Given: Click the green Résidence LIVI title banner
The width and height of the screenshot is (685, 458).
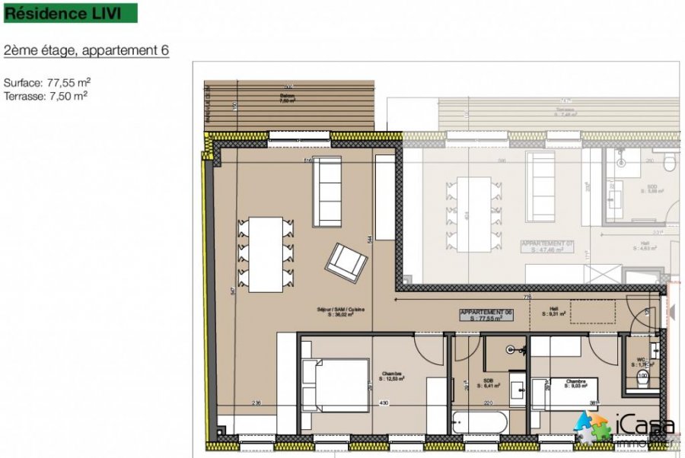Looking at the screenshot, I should tap(71, 13).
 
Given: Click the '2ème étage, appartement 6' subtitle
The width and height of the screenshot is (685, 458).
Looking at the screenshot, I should tap(86, 50).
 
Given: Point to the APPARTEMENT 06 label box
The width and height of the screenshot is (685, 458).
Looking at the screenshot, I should tap(488, 316).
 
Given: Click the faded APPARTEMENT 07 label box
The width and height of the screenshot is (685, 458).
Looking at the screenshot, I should tap(546, 246).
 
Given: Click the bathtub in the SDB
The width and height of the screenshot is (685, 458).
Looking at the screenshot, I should tap(476, 423).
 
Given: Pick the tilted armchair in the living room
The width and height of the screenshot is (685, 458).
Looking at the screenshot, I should tap(346, 262).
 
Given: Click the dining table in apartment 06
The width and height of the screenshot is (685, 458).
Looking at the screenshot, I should tap(266, 254).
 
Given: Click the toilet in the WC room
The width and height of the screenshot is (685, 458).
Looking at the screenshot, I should tap(644, 380).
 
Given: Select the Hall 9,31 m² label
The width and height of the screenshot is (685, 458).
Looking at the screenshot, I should tap(553, 312).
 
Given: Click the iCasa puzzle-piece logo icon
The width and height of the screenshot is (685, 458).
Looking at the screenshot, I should tap(591, 428).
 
